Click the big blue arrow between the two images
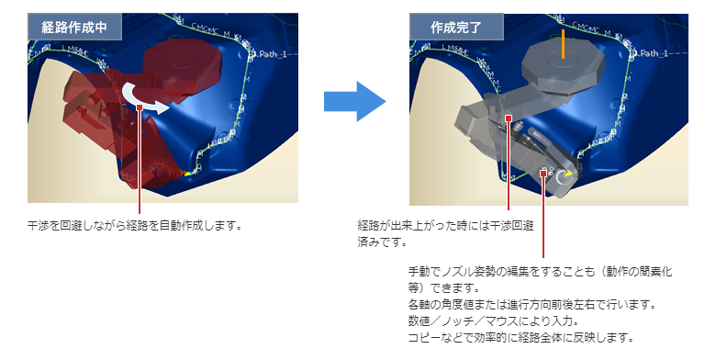click(355, 100)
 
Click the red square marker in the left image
click(139, 107)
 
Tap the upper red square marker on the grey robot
click(509, 117)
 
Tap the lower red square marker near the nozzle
click(544, 171)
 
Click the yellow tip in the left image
click(187, 173)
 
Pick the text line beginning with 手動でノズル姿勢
click(541, 272)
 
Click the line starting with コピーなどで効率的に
click(520, 337)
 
